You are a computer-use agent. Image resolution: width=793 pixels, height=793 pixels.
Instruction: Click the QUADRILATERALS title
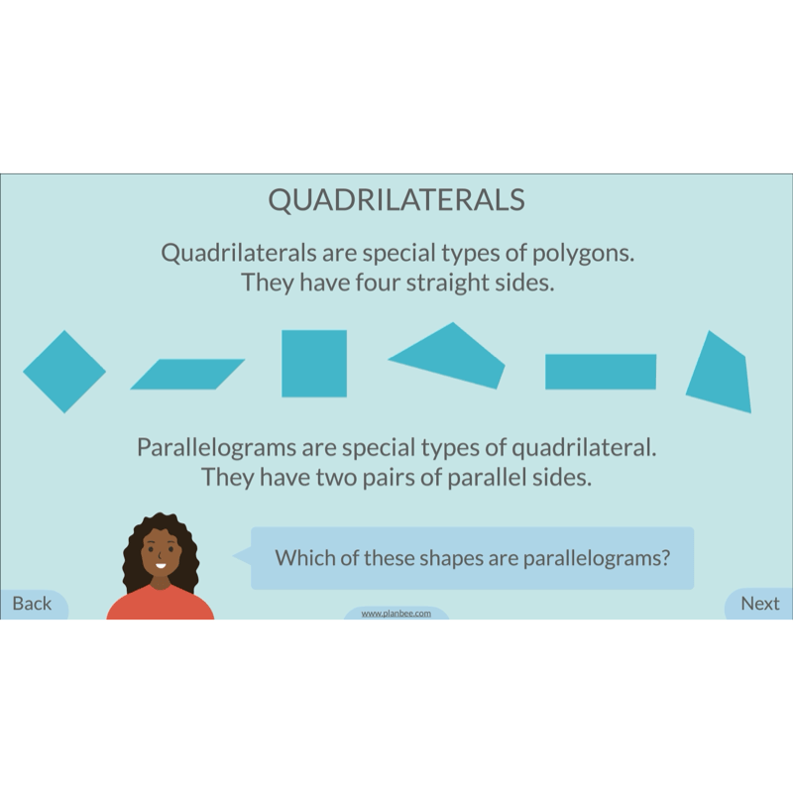pyautogui.click(x=396, y=200)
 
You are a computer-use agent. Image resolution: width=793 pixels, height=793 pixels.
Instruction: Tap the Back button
pyautogui.click(x=34, y=604)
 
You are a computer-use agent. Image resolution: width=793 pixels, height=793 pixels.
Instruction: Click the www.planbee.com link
pyautogui.click(x=396, y=614)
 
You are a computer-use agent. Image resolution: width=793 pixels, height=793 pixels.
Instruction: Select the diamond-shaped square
pyautogui.click(x=64, y=372)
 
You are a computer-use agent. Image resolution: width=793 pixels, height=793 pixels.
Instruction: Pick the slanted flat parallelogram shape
pyautogui.click(x=187, y=375)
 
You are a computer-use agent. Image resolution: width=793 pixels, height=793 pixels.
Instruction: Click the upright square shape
pyautogui.click(x=314, y=364)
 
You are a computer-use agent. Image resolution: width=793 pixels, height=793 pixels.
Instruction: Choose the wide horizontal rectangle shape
pyautogui.click(x=601, y=372)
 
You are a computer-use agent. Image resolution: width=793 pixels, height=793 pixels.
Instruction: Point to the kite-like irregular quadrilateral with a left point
pyautogui.click(x=448, y=356)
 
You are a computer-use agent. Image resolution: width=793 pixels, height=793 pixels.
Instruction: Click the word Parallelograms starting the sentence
pyautogui.click(x=216, y=448)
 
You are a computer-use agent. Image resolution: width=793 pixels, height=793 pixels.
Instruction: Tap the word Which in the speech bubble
pyautogui.click(x=304, y=558)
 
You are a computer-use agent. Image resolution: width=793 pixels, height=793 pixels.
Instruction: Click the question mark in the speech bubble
pyautogui.click(x=665, y=558)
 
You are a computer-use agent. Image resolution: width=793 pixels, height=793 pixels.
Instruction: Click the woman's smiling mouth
pyautogui.click(x=161, y=565)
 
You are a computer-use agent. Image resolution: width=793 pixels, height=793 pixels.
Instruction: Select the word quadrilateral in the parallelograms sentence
pyautogui.click(x=584, y=448)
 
